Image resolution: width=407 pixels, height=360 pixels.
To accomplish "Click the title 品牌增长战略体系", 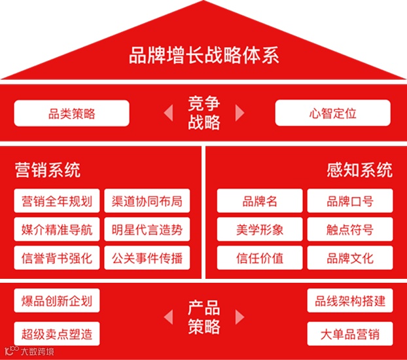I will point(203,55).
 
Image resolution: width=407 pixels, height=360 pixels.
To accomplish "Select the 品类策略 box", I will point(71,113).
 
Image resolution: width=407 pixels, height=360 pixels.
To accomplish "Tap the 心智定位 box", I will point(332,113).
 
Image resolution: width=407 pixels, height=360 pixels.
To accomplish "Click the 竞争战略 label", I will point(203,113).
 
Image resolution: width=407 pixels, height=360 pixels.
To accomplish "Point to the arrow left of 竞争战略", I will point(168,113).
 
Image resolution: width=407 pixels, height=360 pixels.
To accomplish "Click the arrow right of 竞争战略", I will point(239,113).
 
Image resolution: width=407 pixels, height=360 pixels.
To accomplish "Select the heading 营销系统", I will point(48,171).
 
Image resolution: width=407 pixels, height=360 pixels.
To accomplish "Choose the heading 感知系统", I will point(359,171).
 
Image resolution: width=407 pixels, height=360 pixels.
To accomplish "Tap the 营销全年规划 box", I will point(57,201).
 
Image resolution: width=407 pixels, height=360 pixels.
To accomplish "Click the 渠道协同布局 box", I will point(147,201).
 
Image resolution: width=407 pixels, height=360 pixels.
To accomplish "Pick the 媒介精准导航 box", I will point(57,229).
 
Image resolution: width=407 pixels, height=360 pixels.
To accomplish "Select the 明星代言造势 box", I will point(147,229).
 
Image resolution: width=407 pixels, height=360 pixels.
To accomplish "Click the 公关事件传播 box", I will point(147,257).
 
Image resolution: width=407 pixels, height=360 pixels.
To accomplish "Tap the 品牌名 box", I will point(260,201).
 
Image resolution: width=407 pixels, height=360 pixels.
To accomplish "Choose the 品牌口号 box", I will point(350,201).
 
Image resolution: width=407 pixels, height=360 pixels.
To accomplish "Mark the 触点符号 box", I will point(350,229).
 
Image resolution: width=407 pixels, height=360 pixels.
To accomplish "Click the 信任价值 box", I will point(260,257).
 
